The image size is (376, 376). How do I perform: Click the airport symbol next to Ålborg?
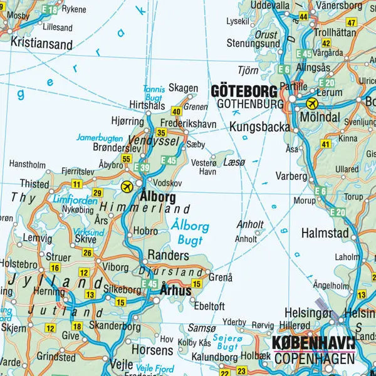point(128,185)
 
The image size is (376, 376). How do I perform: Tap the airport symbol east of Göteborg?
point(311,103)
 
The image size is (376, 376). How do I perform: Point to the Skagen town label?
point(184,88)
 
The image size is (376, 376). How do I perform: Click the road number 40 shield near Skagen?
point(176,112)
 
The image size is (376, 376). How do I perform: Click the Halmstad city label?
point(325,232)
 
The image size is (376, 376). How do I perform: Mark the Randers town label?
point(168,256)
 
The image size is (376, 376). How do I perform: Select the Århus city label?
point(175,291)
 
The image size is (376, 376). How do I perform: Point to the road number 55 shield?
point(127,159)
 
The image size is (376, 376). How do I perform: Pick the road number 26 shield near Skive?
point(88,253)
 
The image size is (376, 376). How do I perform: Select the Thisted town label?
point(34,184)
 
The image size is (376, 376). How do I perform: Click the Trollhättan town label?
point(335,32)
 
